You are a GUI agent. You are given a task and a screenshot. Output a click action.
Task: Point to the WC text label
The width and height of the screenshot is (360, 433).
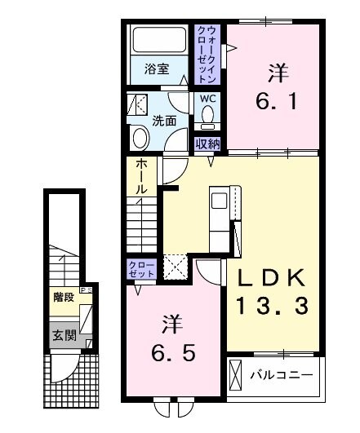208,99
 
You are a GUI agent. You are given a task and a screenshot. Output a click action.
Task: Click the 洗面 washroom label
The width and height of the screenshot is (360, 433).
164,121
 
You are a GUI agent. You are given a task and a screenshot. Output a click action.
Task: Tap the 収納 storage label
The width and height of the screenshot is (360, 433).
208,144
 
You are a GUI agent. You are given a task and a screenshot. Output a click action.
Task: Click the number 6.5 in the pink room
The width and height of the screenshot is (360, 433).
171,338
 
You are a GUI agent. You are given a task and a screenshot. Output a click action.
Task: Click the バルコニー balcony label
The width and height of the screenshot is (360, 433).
291,377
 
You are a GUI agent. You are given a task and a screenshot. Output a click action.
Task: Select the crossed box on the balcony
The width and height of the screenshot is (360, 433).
238,377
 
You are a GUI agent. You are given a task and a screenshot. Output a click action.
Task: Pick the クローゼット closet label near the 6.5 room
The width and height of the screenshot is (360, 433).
137,269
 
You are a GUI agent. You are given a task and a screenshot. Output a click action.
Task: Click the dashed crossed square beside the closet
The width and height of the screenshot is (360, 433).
175,267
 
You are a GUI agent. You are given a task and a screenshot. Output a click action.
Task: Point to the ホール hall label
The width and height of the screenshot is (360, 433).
141,177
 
